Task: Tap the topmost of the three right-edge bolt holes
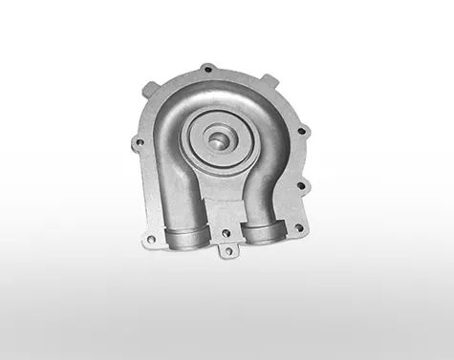point(299,128)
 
